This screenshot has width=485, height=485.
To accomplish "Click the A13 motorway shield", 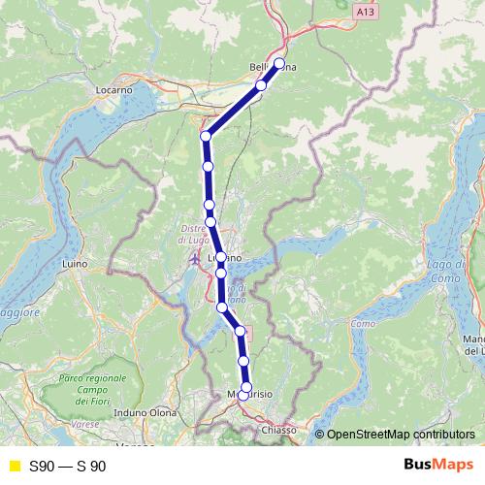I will click(x=364, y=11).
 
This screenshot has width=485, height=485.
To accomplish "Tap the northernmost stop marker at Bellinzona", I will click(x=279, y=64).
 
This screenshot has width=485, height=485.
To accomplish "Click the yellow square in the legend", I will click(x=14, y=466).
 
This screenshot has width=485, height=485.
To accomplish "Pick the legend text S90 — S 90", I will click(x=68, y=466).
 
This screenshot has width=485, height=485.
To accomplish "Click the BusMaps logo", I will click(x=432, y=465).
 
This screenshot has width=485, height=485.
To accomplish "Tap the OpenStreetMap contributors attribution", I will click(x=401, y=434).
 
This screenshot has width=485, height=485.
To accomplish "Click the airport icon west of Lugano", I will click(x=194, y=261).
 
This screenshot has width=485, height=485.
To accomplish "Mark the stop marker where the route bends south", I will click(x=206, y=136).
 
